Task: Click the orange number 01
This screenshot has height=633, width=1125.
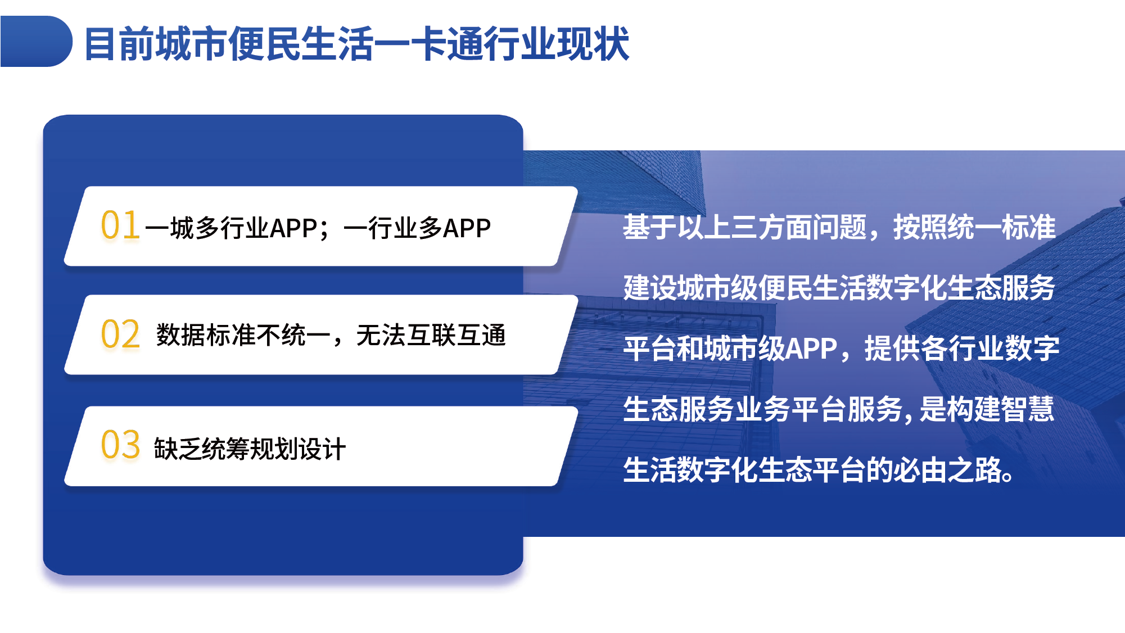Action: [120, 225]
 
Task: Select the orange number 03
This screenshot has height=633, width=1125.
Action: [120, 444]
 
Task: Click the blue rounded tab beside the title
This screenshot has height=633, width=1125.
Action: [36, 41]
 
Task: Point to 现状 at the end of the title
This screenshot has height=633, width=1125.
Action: [593, 44]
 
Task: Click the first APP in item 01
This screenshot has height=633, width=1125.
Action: [293, 228]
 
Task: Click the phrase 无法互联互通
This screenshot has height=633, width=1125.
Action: [431, 336]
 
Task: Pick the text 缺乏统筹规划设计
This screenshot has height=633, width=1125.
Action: [250, 449]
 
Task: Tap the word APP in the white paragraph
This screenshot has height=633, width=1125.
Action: [811, 349]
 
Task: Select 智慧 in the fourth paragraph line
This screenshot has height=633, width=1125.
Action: [1027, 409]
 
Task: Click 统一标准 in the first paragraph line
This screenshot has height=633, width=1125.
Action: [1001, 227]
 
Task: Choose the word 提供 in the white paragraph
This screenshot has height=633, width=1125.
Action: [892, 349]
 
